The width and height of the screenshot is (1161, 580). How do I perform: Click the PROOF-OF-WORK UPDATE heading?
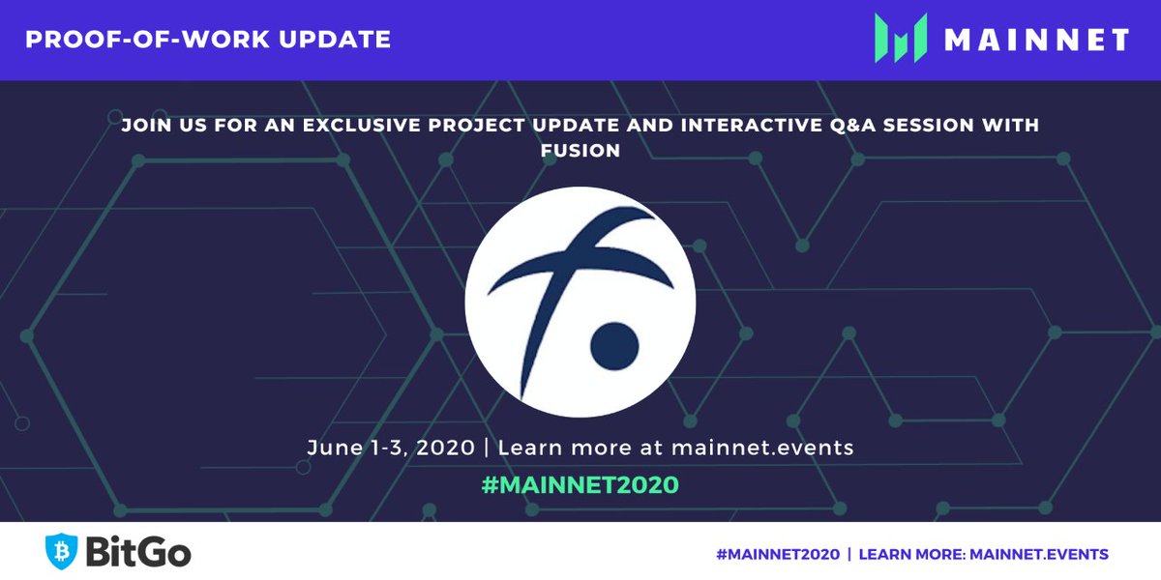tap(208, 40)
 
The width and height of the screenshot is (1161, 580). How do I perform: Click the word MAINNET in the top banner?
tap(1037, 40)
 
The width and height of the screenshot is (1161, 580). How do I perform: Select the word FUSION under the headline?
tap(580, 151)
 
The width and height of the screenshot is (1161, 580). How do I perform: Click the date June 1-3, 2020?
tap(391, 449)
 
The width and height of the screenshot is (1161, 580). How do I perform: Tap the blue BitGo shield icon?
tap(63, 551)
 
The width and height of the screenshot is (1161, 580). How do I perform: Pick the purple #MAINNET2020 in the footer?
tap(768, 554)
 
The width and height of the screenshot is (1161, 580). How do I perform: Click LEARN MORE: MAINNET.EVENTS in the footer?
tap(983, 554)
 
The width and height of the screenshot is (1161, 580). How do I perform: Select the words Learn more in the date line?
tap(551, 449)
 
